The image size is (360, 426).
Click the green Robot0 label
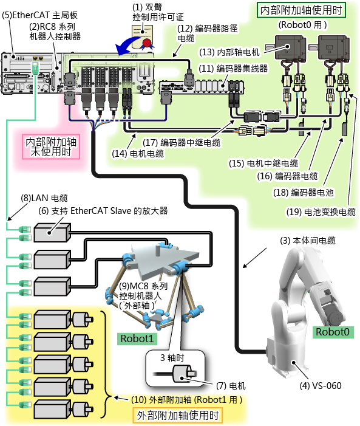(x=333, y=332)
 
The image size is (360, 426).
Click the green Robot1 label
(x=137, y=338)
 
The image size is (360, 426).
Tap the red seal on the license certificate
(x=147, y=43)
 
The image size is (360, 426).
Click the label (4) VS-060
(x=321, y=386)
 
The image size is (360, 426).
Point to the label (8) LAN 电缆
(x=44, y=198)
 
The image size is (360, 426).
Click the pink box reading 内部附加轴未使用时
(x=51, y=146)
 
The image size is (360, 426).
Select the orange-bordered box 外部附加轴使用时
(x=177, y=416)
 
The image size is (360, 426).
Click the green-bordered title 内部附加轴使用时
(x=301, y=10)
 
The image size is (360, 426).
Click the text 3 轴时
(x=172, y=357)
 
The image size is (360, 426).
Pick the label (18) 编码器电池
(x=304, y=193)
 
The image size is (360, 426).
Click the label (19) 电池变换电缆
(x=321, y=212)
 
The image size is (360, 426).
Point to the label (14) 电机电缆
(x=138, y=154)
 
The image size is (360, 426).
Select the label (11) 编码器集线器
(x=233, y=68)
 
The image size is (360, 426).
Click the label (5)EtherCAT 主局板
(x=39, y=15)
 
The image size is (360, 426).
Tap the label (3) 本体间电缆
(x=308, y=241)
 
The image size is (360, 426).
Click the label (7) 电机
(x=231, y=386)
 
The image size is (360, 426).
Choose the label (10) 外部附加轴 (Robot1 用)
(x=187, y=400)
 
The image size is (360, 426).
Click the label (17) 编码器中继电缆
(x=182, y=143)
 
